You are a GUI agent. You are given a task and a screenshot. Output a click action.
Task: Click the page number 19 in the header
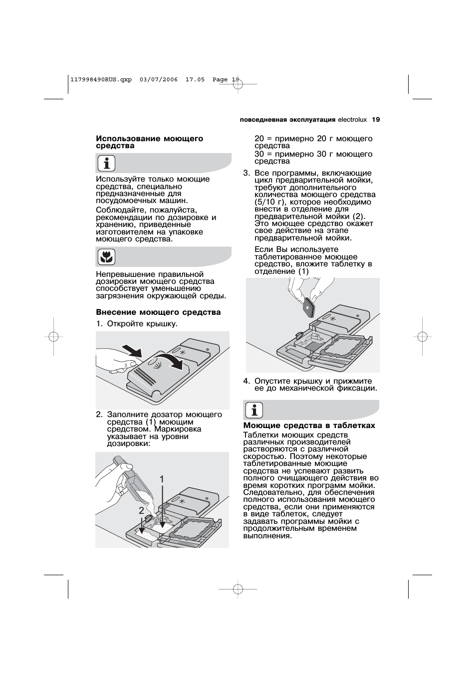pos(376,120)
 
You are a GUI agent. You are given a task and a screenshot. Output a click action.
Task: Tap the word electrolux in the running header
pos(352,120)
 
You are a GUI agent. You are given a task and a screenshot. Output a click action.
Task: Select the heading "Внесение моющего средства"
pos(158,312)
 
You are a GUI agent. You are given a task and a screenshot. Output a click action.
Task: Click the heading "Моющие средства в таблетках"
pos(309,426)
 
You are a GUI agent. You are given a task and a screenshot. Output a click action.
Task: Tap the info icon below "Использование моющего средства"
pos(106,163)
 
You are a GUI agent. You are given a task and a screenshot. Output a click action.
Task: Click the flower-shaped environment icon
pos(106,257)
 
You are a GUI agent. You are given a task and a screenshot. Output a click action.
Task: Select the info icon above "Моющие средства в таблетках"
pos(253,410)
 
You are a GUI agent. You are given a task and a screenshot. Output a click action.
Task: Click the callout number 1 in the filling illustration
pos(162,479)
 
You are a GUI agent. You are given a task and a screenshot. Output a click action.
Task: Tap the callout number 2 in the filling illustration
pos(141,510)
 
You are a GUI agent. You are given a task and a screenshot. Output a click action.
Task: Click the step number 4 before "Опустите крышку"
pos(246,381)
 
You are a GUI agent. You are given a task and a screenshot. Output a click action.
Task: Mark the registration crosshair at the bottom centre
pos(238,589)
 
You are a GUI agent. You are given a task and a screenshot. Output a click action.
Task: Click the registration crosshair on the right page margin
pos(422,337)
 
